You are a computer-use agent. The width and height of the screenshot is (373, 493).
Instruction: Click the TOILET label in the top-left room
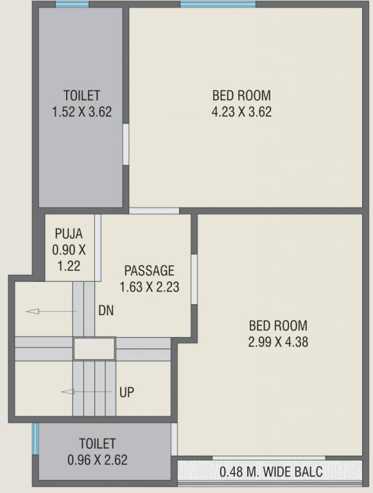click(82, 96)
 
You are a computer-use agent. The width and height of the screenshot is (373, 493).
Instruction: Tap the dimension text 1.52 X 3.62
click(82, 112)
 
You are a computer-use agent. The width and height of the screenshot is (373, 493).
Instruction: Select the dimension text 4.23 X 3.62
click(241, 112)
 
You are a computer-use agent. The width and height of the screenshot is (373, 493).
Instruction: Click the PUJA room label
click(69, 234)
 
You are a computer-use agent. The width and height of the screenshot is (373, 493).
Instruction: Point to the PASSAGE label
click(149, 270)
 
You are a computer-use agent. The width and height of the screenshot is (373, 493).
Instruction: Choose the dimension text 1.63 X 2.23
click(149, 287)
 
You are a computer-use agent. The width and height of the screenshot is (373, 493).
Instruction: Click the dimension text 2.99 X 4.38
click(278, 342)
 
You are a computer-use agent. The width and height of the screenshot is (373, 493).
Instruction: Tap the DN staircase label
click(106, 311)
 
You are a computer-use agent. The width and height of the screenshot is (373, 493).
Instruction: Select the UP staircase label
click(126, 392)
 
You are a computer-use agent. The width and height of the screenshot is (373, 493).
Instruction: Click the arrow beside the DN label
click(51, 311)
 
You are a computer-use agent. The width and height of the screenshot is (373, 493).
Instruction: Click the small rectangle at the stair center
click(94, 349)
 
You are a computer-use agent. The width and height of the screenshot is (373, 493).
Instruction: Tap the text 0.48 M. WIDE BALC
click(271, 473)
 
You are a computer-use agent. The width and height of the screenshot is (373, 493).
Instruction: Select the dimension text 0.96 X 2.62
click(98, 460)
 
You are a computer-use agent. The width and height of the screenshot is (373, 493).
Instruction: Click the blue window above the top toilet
click(72, 4)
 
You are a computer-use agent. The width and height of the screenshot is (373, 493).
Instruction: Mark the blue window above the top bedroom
click(218, 4)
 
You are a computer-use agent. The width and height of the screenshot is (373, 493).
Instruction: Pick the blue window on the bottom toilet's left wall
click(36, 438)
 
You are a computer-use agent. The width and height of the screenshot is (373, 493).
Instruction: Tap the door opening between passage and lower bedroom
click(194, 279)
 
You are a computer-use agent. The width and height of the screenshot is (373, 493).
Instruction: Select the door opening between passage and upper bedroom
click(154, 211)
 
